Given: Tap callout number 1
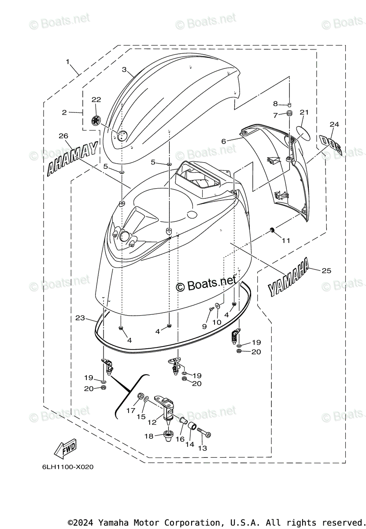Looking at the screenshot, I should [68, 62].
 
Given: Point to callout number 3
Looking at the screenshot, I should [124, 70].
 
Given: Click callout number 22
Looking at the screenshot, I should [96, 100].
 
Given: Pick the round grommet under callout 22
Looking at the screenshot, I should [96, 120].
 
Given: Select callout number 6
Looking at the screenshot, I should [224, 141].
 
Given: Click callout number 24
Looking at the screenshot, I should [334, 124].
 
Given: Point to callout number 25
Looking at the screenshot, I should [326, 270].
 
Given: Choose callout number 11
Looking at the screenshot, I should [286, 241].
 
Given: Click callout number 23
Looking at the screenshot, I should [80, 317].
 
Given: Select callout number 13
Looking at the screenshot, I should [203, 448].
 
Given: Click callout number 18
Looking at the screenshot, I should [149, 436].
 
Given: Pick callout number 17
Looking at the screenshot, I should [130, 410].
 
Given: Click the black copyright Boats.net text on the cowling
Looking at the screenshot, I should [207, 286].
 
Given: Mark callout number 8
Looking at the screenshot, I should [276, 104].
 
